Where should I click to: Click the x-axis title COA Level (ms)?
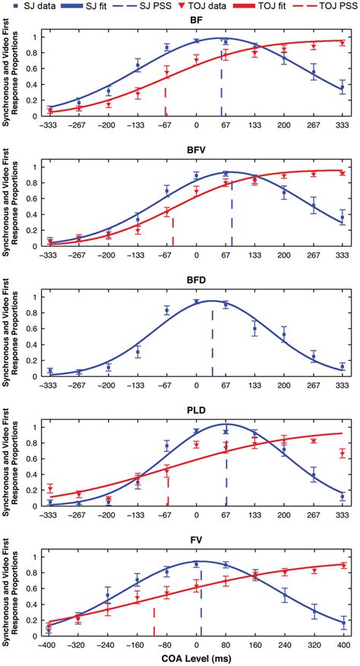196,658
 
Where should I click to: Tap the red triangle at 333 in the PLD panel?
343,453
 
